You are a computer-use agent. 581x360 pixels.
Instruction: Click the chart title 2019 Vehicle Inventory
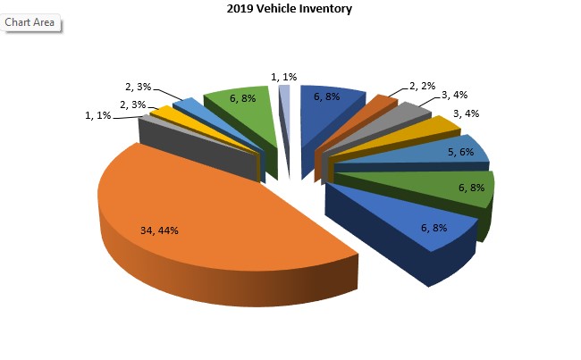click(290, 9)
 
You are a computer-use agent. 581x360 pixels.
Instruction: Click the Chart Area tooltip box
click(30, 22)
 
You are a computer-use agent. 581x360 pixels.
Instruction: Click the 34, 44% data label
click(160, 230)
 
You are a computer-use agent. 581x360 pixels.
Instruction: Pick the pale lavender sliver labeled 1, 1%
click(284, 92)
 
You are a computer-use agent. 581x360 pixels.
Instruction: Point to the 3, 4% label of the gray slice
click(453, 95)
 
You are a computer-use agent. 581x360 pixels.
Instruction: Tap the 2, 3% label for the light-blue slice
click(140, 87)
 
